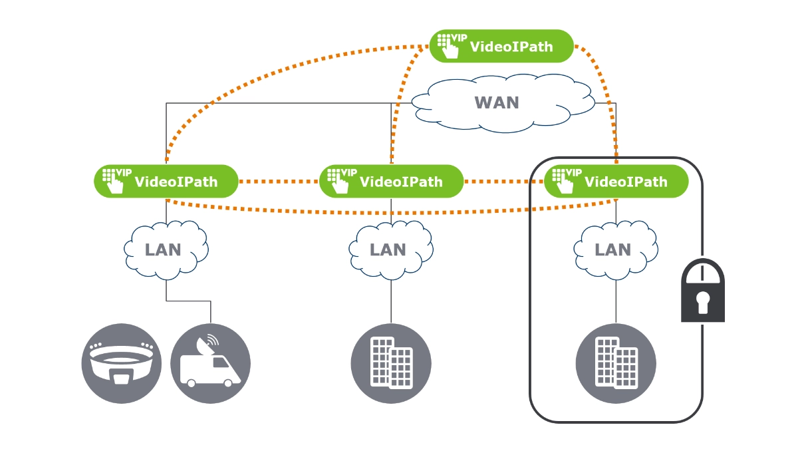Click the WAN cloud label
(x=496, y=103)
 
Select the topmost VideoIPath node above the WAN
(x=501, y=46)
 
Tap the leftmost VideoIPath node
(x=166, y=181)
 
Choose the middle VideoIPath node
(x=391, y=181)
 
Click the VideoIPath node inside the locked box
(x=616, y=181)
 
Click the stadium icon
(x=121, y=363)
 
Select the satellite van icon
(x=210, y=363)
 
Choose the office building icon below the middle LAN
(x=391, y=363)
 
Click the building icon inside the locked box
(x=616, y=363)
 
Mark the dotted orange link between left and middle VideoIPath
(x=279, y=181)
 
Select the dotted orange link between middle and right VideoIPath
(x=503, y=181)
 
